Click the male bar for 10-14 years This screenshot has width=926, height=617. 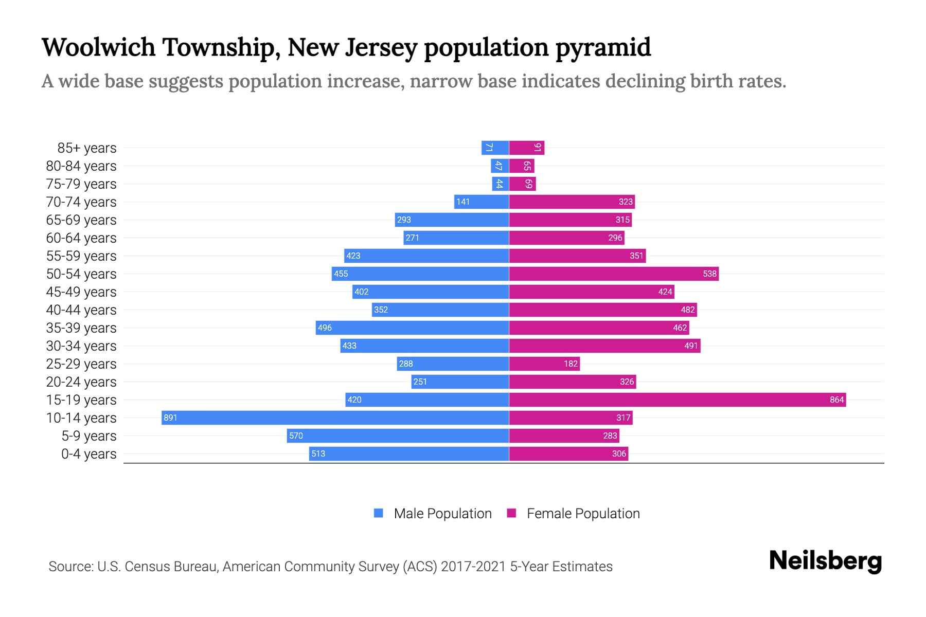pyautogui.click(x=335, y=418)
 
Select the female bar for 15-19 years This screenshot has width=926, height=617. pyautogui.click(x=677, y=400)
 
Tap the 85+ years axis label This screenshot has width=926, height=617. pyautogui.click(x=87, y=148)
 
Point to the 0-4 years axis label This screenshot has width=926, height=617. pyautogui.click(x=88, y=454)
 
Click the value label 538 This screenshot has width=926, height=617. pyautogui.click(x=709, y=274)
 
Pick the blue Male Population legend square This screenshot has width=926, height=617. pyautogui.click(x=379, y=513)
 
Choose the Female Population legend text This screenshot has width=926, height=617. pyautogui.click(x=583, y=514)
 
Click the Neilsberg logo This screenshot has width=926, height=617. pyautogui.click(x=825, y=561)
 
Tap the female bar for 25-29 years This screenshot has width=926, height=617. pyautogui.click(x=544, y=364)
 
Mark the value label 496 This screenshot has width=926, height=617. pyautogui.click(x=325, y=328)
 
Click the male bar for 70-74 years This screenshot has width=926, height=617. pyautogui.click(x=482, y=202)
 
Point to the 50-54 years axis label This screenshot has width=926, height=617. pyautogui.click(x=81, y=274)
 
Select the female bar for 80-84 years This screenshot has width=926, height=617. pyautogui.click(x=522, y=166)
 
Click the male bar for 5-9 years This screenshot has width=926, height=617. pyautogui.click(x=398, y=435)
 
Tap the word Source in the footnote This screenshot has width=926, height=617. pyautogui.click(x=70, y=567)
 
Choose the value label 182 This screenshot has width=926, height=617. pyautogui.click(x=571, y=364)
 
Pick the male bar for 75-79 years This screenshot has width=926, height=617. pyautogui.click(x=500, y=184)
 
